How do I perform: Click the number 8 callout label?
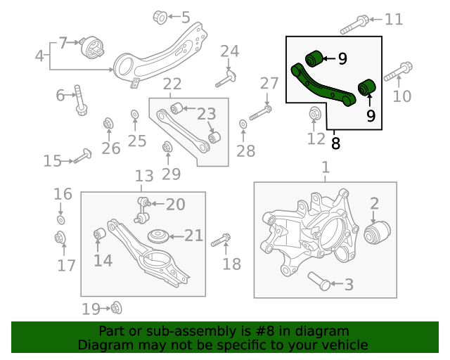click(x=335, y=143)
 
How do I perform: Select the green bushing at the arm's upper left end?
click(x=314, y=58)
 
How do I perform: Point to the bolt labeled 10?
click(x=397, y=72)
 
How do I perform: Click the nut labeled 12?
click(x=316, y=113)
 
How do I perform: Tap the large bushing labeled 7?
click(x=93, y=49)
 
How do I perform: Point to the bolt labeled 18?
click(x=221, y=240)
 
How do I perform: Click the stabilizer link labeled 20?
click(x=143, y=205)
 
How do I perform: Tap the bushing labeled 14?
click(x=100, y=233)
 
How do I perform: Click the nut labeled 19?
click(x=116, y=307)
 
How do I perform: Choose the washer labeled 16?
click(x=60, y=220)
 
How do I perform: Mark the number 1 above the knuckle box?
click(x=325, y=168)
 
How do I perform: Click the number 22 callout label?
click(x=172, y=85)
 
